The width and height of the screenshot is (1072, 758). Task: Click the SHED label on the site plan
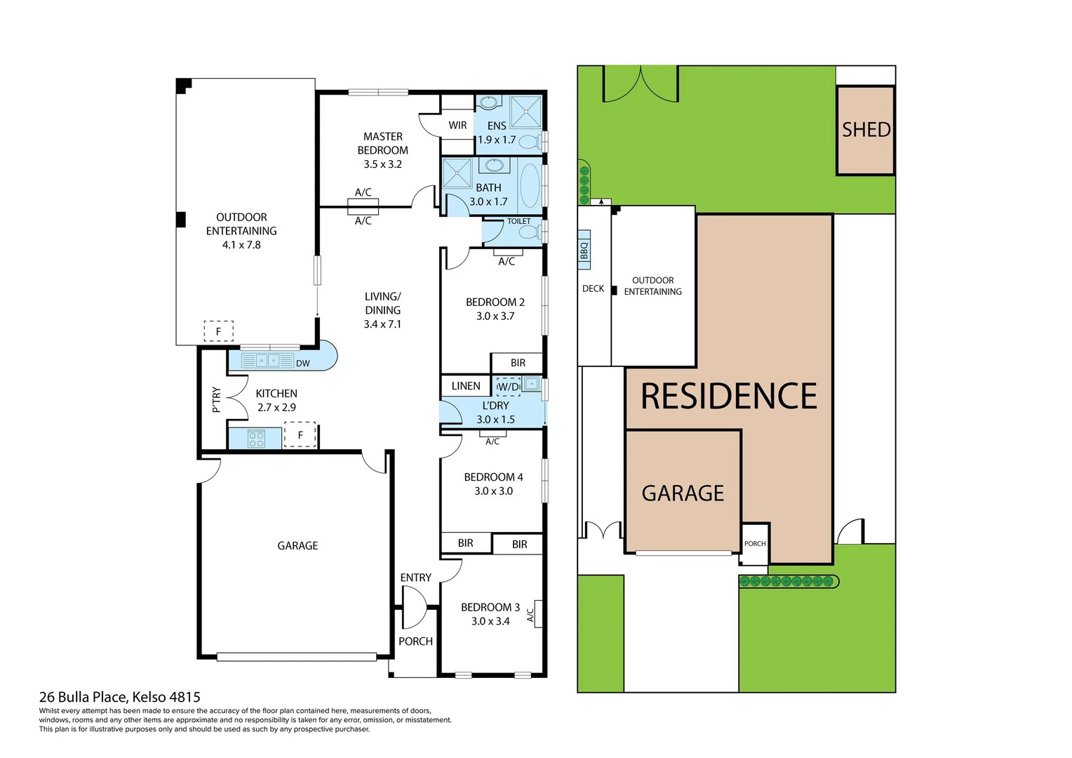click(866, 130)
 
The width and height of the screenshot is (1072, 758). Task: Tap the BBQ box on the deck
click(584, 251)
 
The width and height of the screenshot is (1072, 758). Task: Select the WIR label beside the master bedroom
click(457, 126)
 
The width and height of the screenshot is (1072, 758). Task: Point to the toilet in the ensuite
click(530, 141)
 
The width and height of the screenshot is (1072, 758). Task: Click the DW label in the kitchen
click(302, 363)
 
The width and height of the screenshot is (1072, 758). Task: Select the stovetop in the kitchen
click(256, 439)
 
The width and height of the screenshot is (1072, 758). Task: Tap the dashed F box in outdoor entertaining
click(218, 331)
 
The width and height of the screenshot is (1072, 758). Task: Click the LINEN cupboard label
click(466, 386)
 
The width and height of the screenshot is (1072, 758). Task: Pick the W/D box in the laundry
click(508, 387)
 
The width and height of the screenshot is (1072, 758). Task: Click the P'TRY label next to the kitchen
click(216, 399)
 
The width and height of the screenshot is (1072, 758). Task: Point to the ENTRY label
click(415, 578)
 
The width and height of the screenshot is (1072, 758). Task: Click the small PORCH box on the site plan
click(755, 544)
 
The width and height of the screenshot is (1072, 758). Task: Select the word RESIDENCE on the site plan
click(729, 397)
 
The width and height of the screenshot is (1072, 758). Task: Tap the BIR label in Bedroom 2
click(518, 363)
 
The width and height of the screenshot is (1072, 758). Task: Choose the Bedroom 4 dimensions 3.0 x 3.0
click(493, 491)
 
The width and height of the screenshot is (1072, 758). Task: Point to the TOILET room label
click(518, 221)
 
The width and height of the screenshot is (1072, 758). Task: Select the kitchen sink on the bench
click(267, 361)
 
